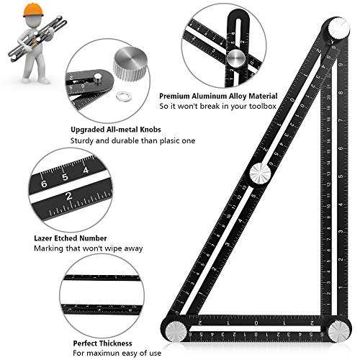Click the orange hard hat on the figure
(33, 11)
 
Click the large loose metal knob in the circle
(130, 64)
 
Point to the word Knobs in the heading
(150, 130)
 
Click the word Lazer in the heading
(43, 238)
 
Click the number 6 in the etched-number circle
(44, 184)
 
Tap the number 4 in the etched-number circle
(86, 170)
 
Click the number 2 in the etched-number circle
(69, 196)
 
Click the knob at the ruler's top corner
(338, 28)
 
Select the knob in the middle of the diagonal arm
(261, 174)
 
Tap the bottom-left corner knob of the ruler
(177, 330)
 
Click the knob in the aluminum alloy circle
(236, 58)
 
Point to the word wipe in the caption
(114, 249)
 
